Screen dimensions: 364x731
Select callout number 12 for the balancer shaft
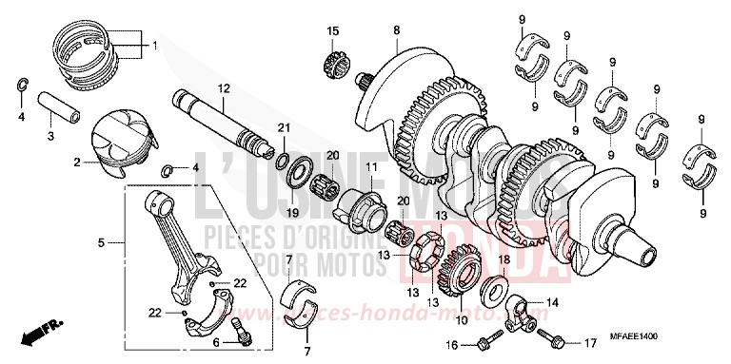point(222,88)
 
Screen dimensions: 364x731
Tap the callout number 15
point(333,33)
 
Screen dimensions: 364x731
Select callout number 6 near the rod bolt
point(215,343)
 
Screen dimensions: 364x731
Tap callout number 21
point(282,128)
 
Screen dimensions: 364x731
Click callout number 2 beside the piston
point(76,163)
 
